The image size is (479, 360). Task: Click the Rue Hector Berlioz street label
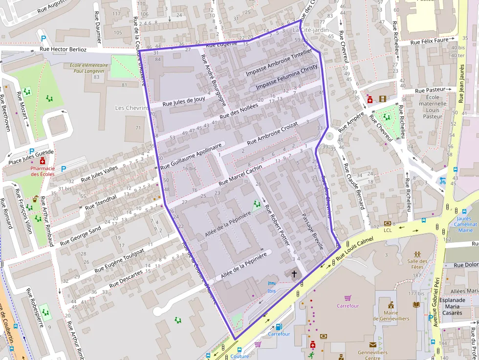63,49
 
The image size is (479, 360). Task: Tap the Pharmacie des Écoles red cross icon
43,161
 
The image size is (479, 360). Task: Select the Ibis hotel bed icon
272,283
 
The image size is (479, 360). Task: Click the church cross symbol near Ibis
294,274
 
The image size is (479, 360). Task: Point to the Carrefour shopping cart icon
348,297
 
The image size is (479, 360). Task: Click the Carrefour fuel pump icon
279,327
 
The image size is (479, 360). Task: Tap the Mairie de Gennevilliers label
391,316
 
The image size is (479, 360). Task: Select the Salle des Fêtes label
417,264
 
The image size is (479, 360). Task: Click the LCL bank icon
388,223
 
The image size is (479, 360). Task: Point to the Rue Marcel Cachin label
240,175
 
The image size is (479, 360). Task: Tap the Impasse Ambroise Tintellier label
278,63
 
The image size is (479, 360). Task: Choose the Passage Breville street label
312,231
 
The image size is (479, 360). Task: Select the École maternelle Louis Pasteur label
433,106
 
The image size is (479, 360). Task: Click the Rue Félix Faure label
429,42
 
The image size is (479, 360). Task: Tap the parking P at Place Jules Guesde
32,151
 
